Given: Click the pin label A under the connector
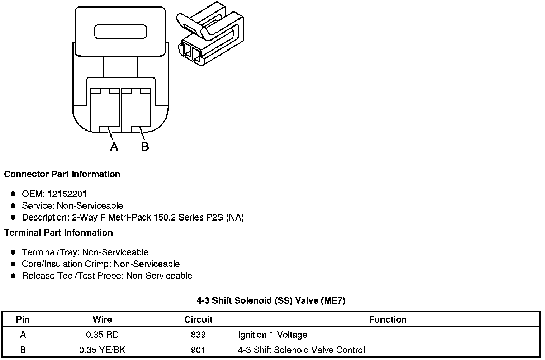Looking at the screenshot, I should pos(114,146).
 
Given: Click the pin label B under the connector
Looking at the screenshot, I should pos(145,146).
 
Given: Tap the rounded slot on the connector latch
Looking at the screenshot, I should pos(120,32).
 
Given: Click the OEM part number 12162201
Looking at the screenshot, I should pos(67,194).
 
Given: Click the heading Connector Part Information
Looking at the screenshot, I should pos(62,174).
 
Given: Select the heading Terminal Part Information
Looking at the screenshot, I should pos(58,233).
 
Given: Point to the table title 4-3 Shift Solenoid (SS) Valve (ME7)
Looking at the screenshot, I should pos(271,300).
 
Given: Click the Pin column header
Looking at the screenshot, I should pos(23,319).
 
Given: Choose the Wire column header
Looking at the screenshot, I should pos(102,319).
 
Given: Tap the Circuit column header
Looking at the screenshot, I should pos(198,319).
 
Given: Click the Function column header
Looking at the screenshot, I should pos(388,319).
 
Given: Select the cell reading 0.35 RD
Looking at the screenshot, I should pos(102,335).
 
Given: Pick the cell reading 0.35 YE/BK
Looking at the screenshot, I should pos(102,350).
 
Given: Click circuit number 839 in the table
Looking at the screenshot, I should pos(198,335).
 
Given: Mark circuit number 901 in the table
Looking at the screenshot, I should pos(198,350).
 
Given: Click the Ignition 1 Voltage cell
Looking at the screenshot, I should pos(272,335).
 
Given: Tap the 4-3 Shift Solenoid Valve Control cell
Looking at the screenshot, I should pos(301,350).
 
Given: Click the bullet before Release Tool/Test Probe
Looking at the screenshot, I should pos(13,276).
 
